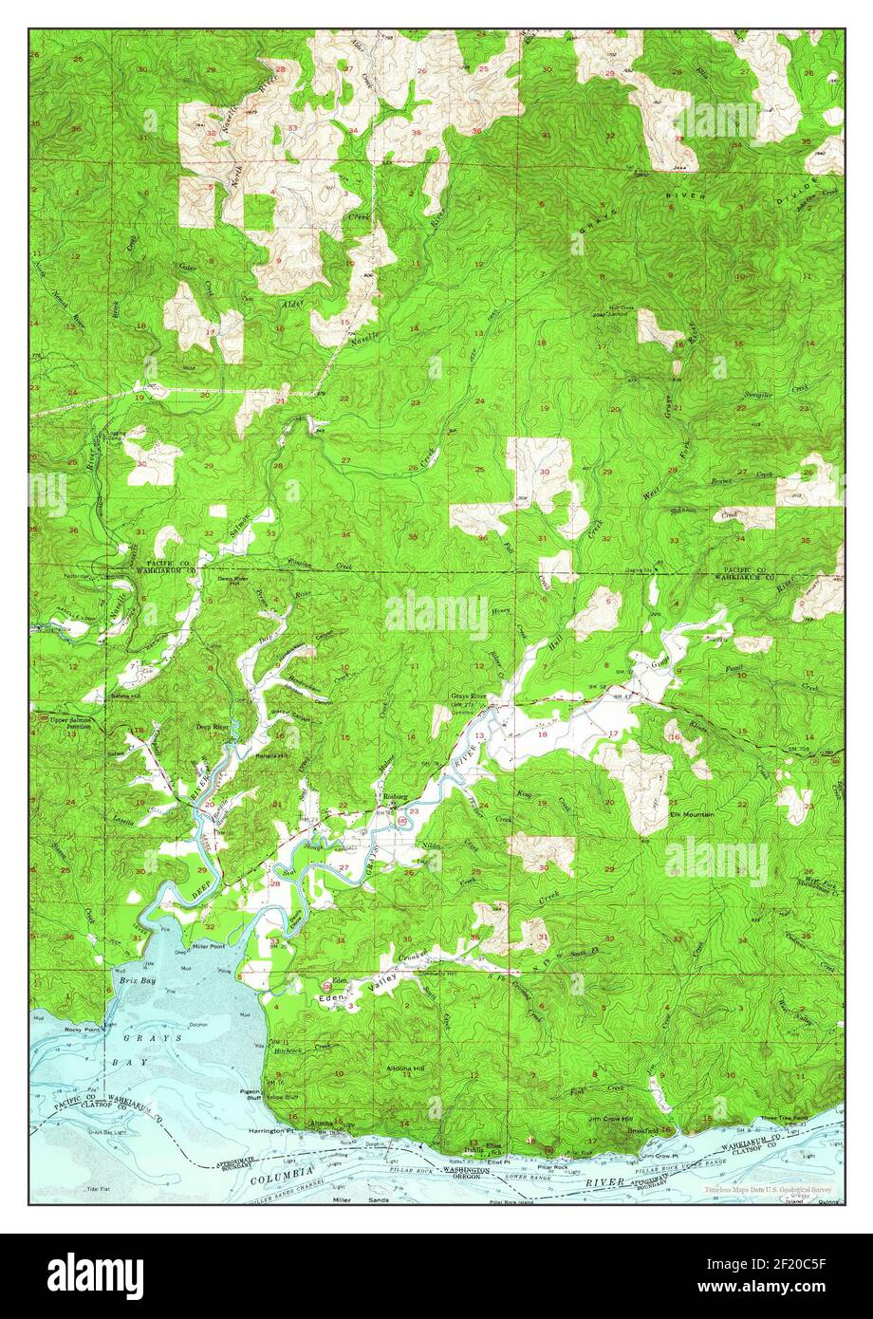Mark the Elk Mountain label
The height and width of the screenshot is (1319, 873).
pyautogui.click(x=691, y=814)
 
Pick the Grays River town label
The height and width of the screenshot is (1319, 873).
pyautogui.click(x=467, y=697)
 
